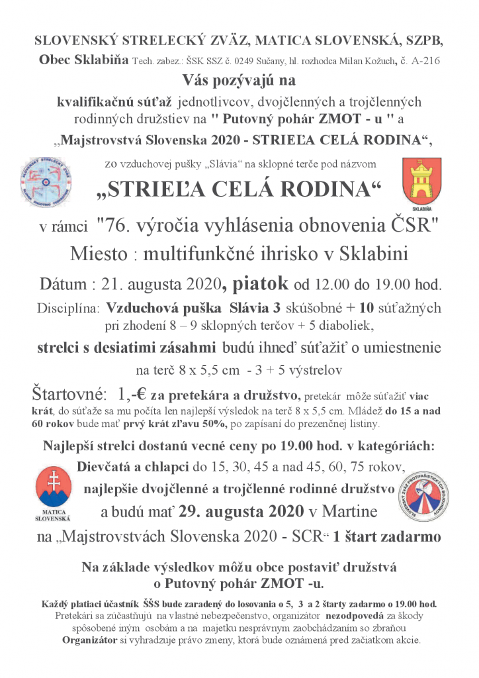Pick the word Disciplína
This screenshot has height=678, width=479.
67,309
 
